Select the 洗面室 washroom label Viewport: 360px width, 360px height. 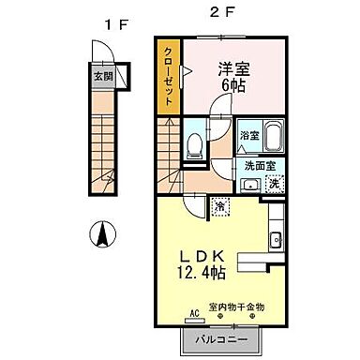pyautogui.click(x=259, y=165)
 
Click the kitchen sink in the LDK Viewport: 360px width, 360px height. pyautogui.click(x=275, y=240)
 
